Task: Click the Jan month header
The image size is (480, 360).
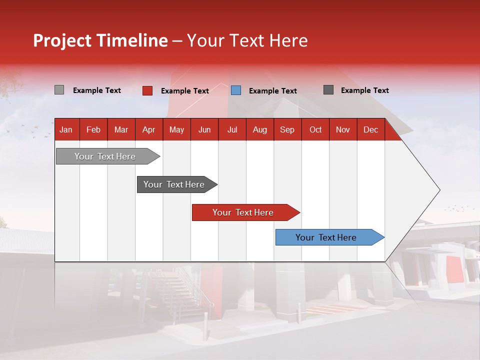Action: click(x=66, y=130)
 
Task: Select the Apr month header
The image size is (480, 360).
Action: click(x=148, y=130)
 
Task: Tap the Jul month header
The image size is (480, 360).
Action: click(x=232, y=130)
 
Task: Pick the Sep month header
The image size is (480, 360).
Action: click(x=287, y=130)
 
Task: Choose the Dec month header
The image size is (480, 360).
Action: click(x=370, y=130)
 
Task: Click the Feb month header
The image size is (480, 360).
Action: click(x=93, y=130)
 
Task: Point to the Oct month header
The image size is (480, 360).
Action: click(x=315, y=130)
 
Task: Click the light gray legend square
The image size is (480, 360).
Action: click(x=59, y=90)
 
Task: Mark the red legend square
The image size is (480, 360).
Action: click(x=147, y=90)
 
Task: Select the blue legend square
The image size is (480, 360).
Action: click(x=236, y=90)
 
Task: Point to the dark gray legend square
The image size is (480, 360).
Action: click(x=328, y=90)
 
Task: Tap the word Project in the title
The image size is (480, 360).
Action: click(x=62, y=40)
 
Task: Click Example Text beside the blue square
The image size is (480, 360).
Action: click(x=272, y=91)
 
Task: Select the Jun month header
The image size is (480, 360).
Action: click(x=204, y=130)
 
